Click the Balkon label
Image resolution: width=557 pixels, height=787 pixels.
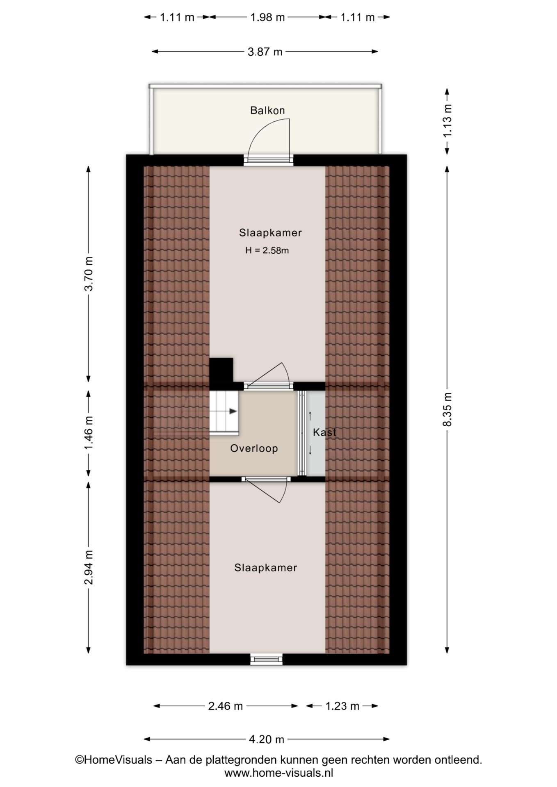pos(267,110)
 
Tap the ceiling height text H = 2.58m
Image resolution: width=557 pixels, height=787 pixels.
pos(267,250)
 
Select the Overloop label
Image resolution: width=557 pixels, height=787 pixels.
pos(254,448)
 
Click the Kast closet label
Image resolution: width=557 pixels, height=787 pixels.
pos(324,432)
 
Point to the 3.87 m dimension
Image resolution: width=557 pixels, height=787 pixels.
pos(265,52)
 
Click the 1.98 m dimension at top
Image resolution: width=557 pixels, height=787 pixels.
pos(267,17)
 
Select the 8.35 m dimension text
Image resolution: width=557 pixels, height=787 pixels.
pos(447,409)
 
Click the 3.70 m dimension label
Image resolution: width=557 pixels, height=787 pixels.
pos(89,274)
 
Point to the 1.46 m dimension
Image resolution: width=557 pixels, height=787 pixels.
pos(89,432)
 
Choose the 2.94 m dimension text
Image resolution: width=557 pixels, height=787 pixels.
pos(89,568)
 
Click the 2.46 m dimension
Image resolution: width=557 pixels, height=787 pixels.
pos(226,706)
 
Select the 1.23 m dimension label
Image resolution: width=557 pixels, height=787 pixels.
pos(342,706)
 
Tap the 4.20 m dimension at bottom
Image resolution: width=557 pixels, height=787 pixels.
pos(267,739)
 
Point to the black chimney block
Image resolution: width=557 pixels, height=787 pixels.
pos(221,370)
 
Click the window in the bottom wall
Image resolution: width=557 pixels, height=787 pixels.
pos(267,659)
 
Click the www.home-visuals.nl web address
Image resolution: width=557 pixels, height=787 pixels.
pos(278,773)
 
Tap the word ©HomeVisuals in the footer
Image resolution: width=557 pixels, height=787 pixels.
pos(114,760)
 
